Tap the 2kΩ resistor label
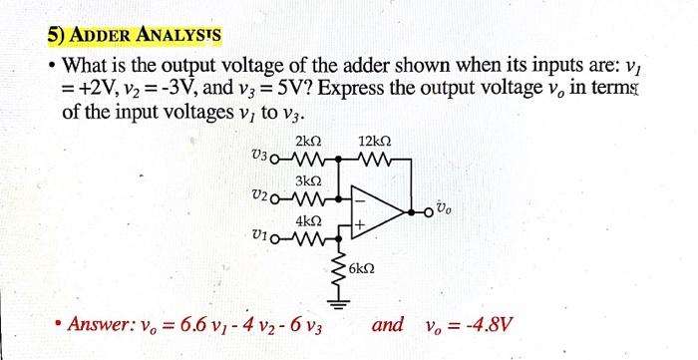click(307, 141)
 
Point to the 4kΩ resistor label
click(308, 219)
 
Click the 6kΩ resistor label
click(363, 270)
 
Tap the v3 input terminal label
click(261, 156)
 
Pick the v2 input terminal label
click(261, 194)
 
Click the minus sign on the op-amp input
click(357, 196)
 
